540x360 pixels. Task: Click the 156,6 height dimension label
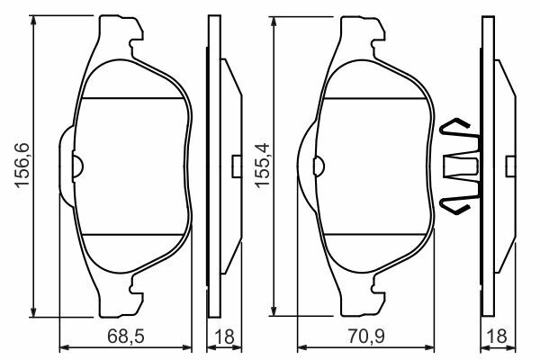click(22, 165)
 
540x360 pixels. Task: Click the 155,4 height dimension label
click(263, 165)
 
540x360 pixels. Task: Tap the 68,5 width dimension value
click(126, 337)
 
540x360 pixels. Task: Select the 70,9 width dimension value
click(366, 337)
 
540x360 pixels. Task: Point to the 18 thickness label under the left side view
click(224, 337)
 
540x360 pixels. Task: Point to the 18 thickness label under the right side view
click(498, 337)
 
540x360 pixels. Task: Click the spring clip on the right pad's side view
click(460, 166)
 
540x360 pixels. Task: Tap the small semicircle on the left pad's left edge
click(77, 166)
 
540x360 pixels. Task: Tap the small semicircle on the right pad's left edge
click(319, 166)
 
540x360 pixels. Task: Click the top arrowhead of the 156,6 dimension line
click(33, 20)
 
